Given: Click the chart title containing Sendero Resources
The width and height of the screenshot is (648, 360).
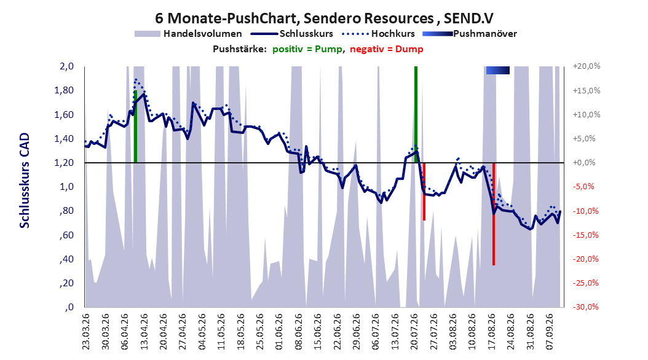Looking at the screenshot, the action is [324, 18].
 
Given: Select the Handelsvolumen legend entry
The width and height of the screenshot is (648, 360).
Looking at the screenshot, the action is [188, 34].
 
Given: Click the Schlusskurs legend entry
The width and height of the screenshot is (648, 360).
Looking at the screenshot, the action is [292, 34].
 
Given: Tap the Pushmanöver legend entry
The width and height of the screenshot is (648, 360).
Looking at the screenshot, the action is [470, 34].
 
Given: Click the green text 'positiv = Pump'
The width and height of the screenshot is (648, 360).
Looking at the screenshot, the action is [307, 49].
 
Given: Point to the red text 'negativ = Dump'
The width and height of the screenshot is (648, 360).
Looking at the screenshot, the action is [387, 49].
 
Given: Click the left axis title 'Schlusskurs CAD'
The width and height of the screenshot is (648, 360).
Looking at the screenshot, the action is [25, 181].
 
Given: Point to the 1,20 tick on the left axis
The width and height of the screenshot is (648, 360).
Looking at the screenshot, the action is [64, 163].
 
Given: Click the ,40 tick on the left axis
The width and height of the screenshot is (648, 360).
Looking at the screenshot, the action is [67, 259].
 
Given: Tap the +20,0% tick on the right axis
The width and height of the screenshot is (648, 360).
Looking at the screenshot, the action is [587, 66].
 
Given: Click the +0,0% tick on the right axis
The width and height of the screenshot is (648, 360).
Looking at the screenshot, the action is [584, 163].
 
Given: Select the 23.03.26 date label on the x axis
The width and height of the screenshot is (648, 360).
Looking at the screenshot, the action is [85, 332].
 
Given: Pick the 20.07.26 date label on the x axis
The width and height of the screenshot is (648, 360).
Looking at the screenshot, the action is [414, 332].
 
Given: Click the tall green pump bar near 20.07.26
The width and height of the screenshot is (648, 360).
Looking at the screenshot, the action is [416, 114].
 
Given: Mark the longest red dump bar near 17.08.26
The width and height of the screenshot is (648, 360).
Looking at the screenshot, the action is [494, 214].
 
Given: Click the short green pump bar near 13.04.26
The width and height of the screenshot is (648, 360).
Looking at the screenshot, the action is [135, 127].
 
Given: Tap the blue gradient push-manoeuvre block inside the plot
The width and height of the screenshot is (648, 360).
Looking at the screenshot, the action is [497, 71].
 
